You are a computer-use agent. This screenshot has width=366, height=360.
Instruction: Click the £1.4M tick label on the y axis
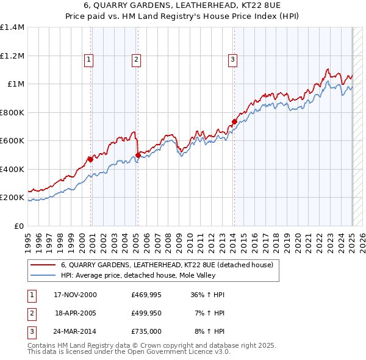click(12, 27)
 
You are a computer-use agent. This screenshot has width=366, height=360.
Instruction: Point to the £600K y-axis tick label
click(12, 140)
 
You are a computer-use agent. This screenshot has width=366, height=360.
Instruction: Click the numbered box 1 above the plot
click(89, 59)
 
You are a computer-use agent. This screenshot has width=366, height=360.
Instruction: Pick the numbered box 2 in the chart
click(135, 59)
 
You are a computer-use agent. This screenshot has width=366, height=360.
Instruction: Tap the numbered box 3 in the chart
click(232, 59)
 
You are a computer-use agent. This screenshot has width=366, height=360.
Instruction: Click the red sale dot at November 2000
click(91, 159)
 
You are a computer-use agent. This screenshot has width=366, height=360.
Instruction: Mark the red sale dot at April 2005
click(138, 155)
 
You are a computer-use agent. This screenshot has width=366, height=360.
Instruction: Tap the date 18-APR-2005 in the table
click(76, 314)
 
